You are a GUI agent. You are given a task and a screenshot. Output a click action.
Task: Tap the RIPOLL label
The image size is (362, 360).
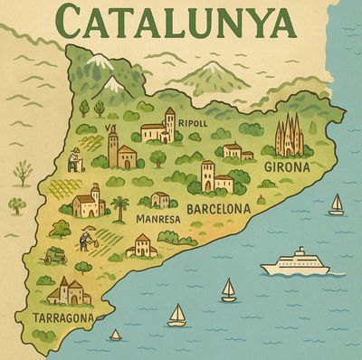click(193, 123)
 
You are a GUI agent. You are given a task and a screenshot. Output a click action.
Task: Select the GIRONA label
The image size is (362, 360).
click(287, 167)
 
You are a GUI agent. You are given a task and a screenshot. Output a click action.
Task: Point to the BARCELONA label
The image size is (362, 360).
click(217, 208)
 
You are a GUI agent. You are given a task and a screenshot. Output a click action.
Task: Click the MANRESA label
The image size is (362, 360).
click(156, 219)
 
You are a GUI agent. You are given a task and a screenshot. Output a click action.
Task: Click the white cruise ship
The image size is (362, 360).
click(295, 263)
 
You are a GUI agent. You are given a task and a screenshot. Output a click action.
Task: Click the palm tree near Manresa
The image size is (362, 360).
click(119, 207)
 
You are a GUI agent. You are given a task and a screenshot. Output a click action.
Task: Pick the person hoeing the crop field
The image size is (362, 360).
click(84, 241)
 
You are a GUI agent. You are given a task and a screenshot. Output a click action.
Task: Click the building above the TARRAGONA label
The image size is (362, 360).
click(70, 290)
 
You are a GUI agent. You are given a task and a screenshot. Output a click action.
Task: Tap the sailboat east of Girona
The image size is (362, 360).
click(336, 204)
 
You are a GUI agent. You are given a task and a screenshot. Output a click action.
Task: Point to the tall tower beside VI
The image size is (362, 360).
click(113, 147)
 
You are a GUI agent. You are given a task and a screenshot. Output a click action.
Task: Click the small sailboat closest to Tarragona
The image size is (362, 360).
click(115, 335)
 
